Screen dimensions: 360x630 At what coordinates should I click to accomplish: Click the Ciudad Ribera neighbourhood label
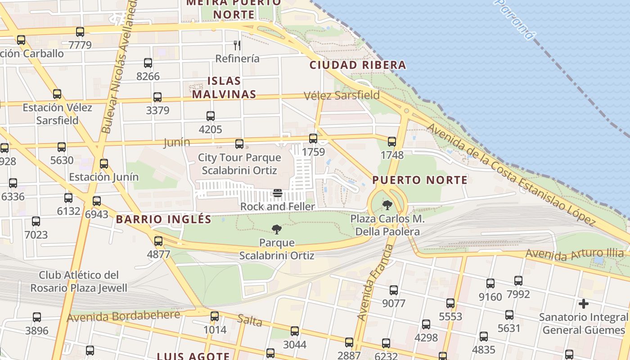[358, 65]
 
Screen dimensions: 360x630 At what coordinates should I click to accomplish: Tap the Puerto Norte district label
[420, 180]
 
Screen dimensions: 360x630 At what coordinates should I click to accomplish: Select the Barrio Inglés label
[163, 220]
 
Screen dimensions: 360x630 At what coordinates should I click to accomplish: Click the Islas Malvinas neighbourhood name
[224, 88]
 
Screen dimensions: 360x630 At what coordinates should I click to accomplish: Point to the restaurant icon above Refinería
[237, 45]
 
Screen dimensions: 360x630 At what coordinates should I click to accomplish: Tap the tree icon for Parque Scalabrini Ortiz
[277, 230]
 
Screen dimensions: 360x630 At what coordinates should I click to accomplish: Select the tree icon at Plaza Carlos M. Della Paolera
[387, 206]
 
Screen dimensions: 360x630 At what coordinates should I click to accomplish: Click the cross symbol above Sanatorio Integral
[584, 304]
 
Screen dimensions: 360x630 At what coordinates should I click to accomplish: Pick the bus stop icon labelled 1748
[392, 142]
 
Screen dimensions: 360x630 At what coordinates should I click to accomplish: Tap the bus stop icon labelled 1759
[313, 139]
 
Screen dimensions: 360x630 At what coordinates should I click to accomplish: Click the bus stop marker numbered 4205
[211, 116]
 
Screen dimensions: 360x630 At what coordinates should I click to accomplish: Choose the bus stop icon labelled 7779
[80, 32]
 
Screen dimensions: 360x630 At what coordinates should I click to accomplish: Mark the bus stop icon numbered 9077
[394, 290]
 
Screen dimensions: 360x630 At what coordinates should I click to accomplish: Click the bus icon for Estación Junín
[104, 164]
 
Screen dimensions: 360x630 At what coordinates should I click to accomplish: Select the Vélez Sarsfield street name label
[342, 95]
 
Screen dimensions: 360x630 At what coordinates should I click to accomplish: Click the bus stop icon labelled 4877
[158, 241]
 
